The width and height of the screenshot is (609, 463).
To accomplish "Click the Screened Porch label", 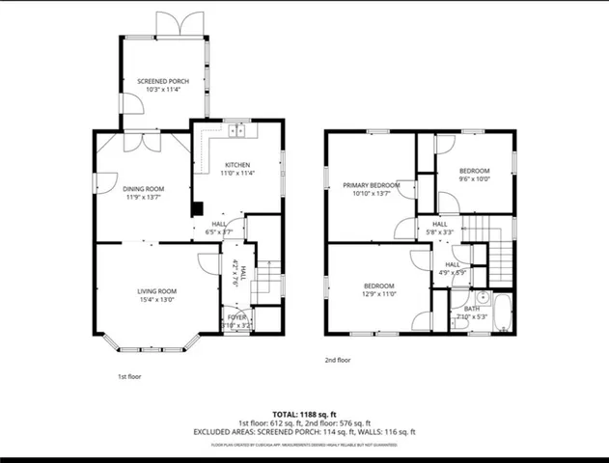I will coord(162,81).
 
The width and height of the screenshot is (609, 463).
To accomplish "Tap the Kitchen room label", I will coord(237,165).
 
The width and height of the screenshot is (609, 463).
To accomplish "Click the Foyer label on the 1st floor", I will coord(236,316).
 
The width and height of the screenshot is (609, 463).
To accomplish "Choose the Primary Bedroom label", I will coord(372,184).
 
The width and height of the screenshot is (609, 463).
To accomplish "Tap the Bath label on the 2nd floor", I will coord(472,308).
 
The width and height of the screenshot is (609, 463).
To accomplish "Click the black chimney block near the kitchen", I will coord(197,208).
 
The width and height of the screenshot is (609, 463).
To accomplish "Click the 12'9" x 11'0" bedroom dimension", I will coord(378,294).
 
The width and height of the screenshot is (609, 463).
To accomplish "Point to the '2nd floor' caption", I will coord(338,360).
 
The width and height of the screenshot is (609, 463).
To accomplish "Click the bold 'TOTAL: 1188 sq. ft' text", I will coord(304,412).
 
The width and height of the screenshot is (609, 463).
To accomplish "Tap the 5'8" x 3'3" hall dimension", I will coord(440,232).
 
